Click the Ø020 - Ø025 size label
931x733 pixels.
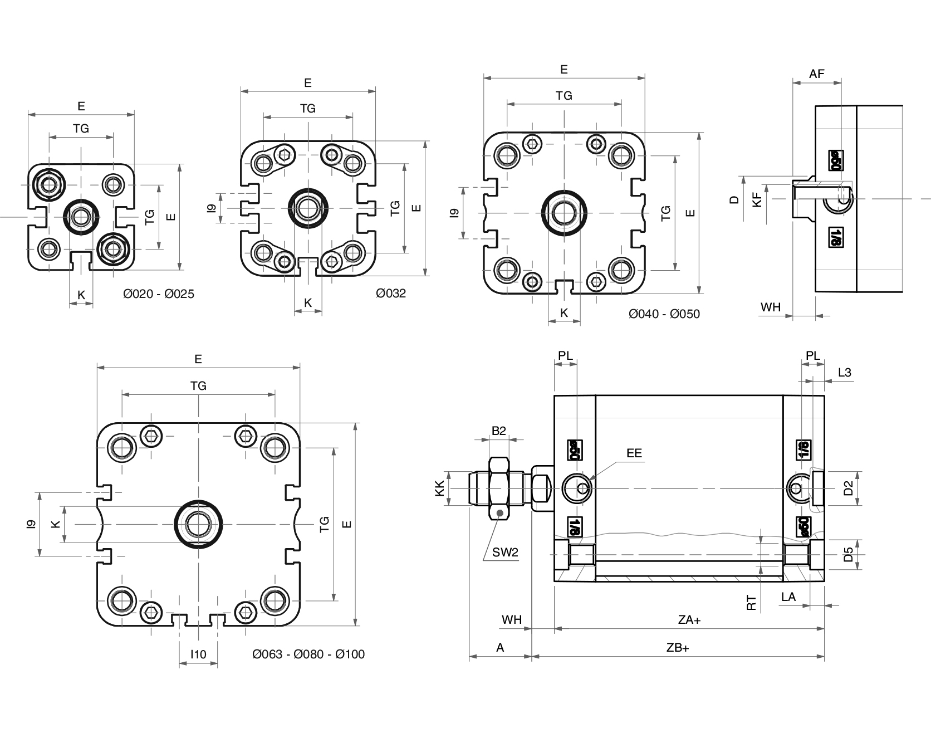pos(159,294)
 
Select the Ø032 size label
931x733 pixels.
pos(391,293)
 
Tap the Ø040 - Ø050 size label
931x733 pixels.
pos(664,314)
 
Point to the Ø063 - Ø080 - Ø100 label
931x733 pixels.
pos(308,654)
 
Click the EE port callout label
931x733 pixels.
pos(634,453)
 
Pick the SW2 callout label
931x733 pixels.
pos(505,553)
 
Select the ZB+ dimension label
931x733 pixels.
pos(678,648)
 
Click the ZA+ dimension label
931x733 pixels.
pos(689,619)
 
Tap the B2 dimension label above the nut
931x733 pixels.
pos(499,431)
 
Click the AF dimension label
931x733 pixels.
pos(817,74)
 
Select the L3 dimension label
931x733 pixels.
pos(845,373)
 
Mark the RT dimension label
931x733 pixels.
pos(752,603)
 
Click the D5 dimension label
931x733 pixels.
pos(848,555)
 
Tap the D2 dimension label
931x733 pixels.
pos(848,488)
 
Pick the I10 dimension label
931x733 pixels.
pos(198,654)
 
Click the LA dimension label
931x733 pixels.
pos(788,597)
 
